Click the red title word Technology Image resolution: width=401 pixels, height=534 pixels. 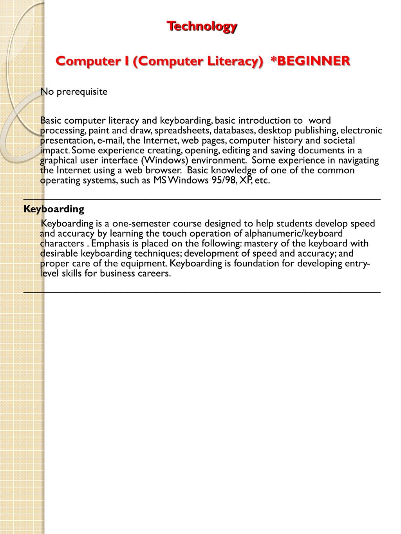pyautogui.click(x=202, y=26)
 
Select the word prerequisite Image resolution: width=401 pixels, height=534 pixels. pyautogui.click(x=82, y=92)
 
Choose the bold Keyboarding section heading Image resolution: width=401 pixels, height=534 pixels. pyautogui.click(x=54, y=209)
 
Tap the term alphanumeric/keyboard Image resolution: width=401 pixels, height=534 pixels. pyautogui.click(x=294, y=234)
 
